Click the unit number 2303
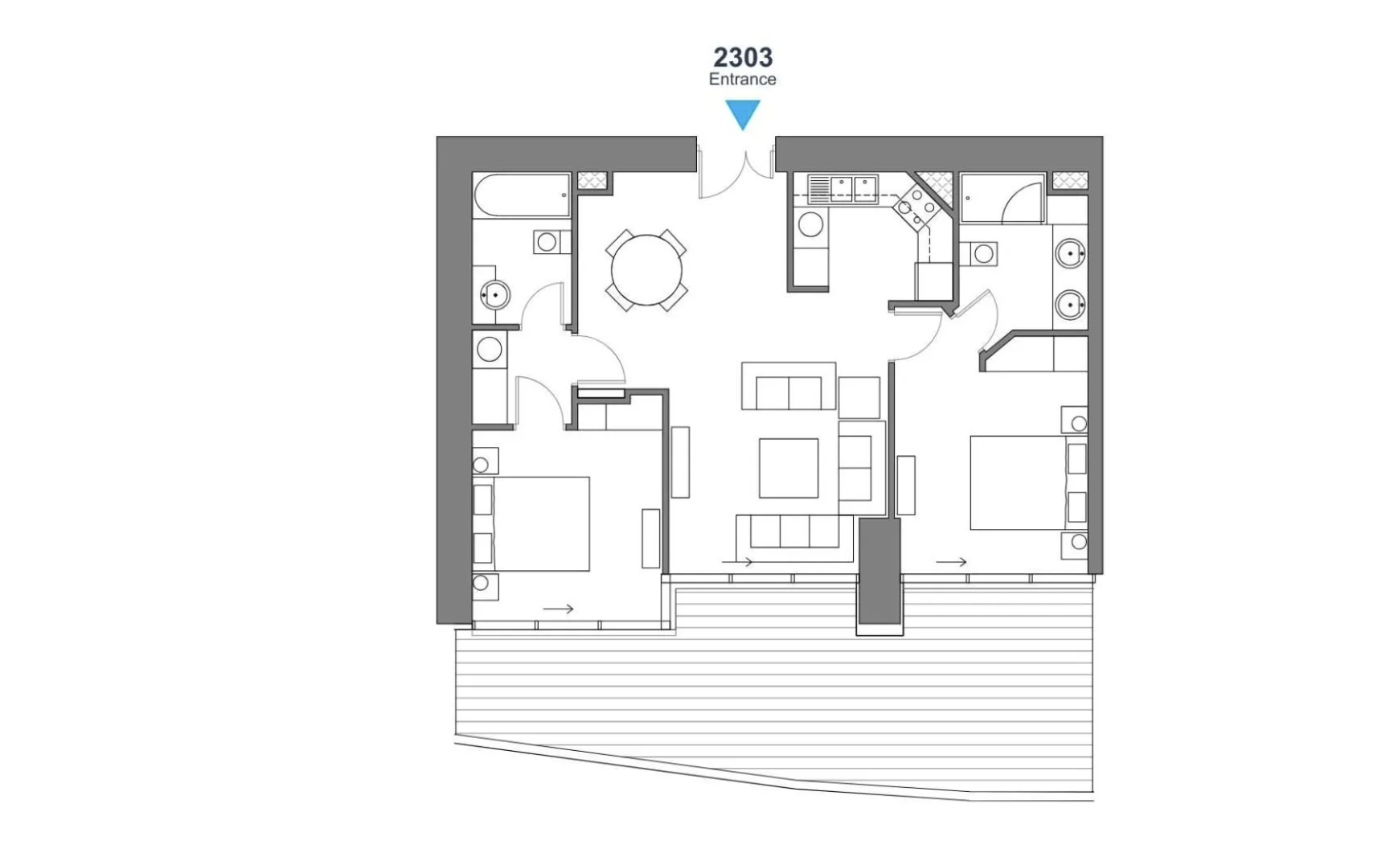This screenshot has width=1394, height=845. pos(743,57)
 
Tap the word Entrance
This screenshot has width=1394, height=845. pos(742,80)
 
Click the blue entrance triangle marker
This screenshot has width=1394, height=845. pos(743,113)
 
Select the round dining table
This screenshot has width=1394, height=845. pos(646,269)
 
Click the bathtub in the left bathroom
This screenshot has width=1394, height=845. pos(520,195)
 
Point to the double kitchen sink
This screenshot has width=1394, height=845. pos(853,189)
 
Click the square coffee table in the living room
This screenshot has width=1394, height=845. pos(789,468)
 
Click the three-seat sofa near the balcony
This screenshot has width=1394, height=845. pos(794,531)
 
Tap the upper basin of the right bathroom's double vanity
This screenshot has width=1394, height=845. pos(1070,253)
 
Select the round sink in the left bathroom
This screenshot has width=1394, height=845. pos(495,295)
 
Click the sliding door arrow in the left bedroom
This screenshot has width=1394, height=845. pos(558,609)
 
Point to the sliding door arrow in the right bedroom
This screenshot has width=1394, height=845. pos(951,562)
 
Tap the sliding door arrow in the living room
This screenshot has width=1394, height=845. pos(737,561)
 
